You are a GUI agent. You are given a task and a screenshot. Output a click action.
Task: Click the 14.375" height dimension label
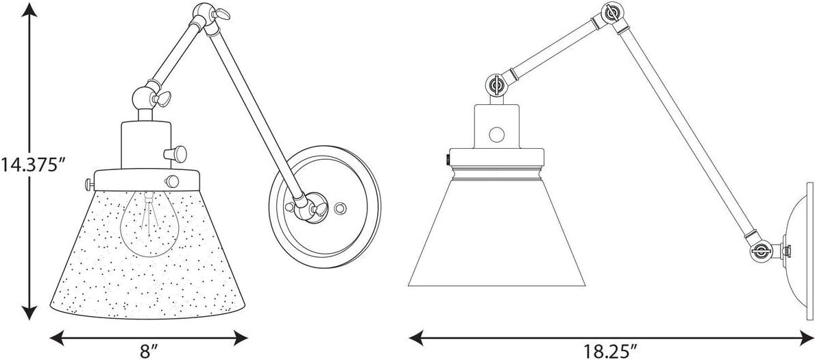click(34, 165)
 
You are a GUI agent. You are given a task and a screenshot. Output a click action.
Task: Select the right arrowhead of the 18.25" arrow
click(804, 339)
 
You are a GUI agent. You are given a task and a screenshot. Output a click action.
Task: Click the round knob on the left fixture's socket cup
click(175, 153)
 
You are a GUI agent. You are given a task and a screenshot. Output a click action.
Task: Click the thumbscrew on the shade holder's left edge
click(89, 184)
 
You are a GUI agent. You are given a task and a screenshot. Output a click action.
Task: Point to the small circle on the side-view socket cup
click(496, 134)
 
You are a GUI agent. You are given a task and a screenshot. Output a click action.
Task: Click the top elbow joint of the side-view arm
click(613, 12)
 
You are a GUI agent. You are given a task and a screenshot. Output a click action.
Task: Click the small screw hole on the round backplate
click(341, 208)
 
